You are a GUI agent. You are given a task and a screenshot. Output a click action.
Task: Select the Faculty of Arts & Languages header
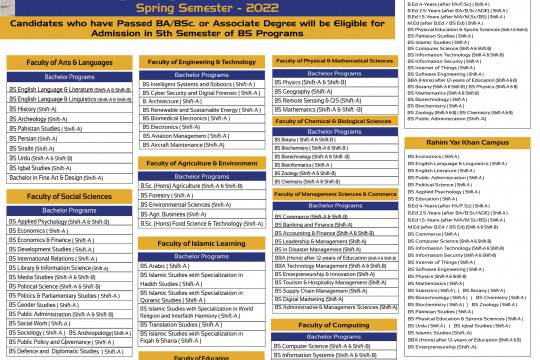coord(68,63)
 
